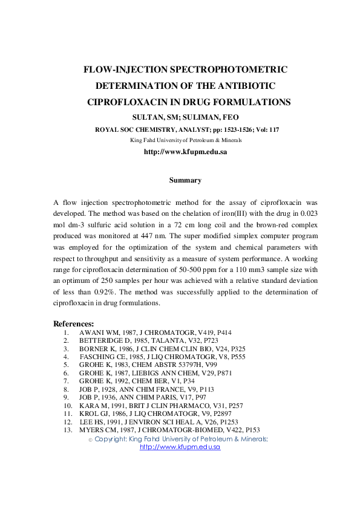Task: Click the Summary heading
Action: [185, 180]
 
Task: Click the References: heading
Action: [74, 323]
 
